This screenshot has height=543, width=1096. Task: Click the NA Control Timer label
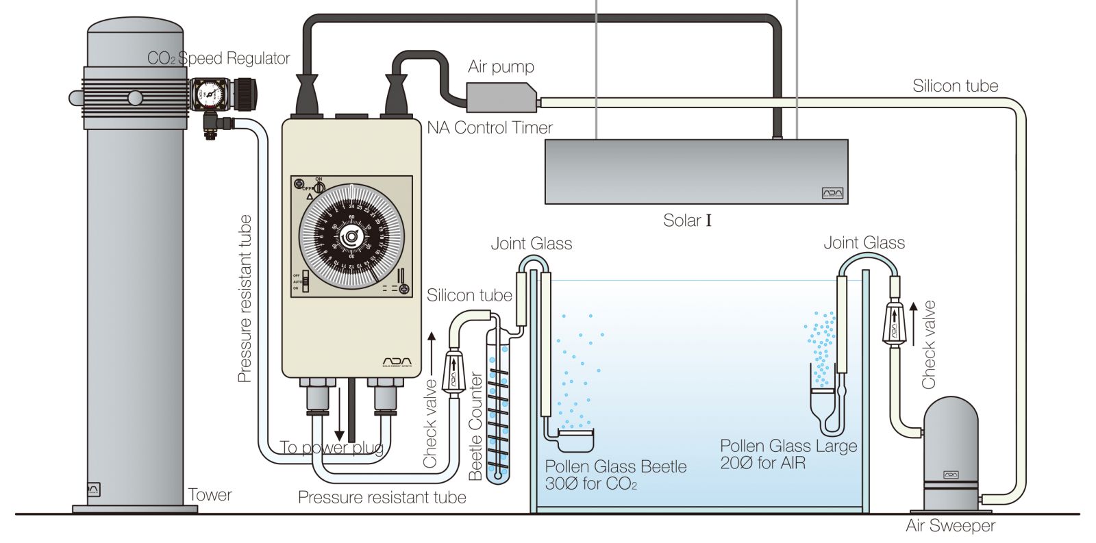pos(490,128)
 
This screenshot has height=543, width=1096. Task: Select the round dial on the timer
pos(351,236)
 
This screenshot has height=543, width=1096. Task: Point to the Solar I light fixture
pos(696,171)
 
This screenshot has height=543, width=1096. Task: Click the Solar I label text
pos(687,220)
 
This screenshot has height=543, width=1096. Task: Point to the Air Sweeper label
pos(950,526)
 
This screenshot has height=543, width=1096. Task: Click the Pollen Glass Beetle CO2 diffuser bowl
pos(575,439)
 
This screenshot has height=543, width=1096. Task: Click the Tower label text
pos(210,495)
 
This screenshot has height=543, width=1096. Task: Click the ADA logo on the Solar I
pos(832,194)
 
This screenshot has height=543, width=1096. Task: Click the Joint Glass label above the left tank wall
pos(531,244)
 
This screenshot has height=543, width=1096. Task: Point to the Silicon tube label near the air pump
pos(955,86)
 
